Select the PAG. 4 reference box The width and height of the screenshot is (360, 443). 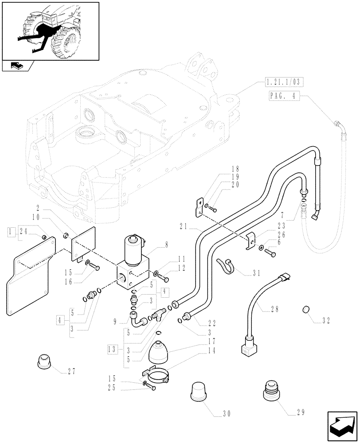point(284,96)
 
